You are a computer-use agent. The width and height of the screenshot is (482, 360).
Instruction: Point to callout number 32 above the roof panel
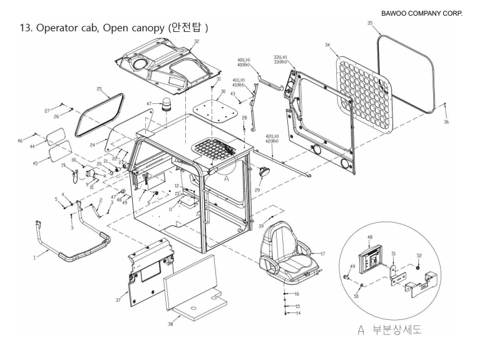[197, 41]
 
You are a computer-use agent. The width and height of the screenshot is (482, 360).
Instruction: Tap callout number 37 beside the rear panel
[118, 301]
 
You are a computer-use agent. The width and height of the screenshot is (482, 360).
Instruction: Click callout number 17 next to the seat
[323, 254]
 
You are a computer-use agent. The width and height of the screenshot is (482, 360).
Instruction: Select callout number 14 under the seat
[297, 313]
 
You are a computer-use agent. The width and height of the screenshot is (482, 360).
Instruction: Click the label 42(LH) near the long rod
[272, 136]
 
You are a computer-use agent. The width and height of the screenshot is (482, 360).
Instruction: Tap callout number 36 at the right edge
[446, 122]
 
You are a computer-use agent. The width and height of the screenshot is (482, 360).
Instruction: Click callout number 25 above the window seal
[99, 90]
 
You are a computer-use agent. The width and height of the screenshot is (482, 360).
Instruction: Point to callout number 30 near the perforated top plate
[223, 91]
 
